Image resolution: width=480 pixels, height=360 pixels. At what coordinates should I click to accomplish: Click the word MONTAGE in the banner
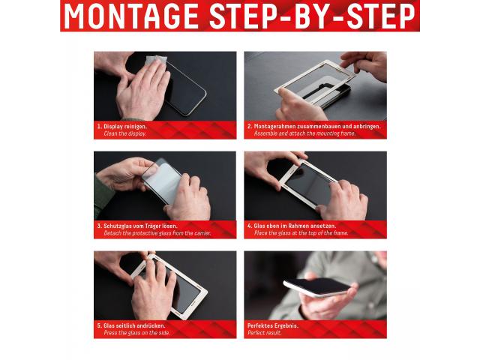click(132, 16)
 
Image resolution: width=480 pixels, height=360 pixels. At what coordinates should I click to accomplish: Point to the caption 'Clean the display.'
click(125, 133)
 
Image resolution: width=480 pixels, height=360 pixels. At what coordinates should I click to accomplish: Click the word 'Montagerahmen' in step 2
click(275, 127)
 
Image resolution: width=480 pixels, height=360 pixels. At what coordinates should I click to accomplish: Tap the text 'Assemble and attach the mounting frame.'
click(304, 133)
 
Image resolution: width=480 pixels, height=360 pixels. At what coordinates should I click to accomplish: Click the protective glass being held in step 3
click(163, 181)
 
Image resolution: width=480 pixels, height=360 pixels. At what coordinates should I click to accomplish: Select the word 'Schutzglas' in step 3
click(117, 226)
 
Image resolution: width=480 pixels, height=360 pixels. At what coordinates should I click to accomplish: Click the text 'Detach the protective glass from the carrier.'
click(157, 233)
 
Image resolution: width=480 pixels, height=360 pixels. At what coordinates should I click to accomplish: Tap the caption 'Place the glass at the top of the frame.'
click(301, 233)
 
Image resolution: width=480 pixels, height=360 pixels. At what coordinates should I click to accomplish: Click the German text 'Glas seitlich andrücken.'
click(134, 325)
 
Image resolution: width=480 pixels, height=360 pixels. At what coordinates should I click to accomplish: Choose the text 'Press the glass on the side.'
click(136, 333)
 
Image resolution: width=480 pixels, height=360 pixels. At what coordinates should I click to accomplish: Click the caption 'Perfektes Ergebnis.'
click(273, 325)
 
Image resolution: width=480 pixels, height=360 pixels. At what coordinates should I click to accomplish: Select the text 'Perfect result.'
click(264, 333)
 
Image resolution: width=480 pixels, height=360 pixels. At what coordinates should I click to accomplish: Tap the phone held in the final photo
click(317, 288)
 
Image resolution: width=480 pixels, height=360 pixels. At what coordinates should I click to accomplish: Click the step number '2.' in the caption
click(250, 127)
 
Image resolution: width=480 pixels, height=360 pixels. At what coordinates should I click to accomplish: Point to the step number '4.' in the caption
click(250, 226)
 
